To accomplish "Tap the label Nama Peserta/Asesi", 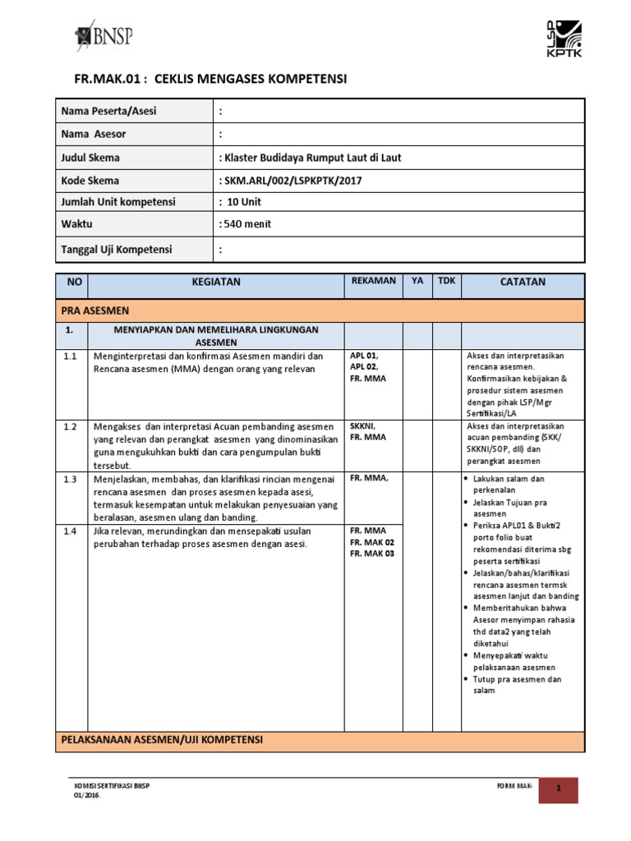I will click(x=108, y=111).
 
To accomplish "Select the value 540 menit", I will click(x=245, y=224).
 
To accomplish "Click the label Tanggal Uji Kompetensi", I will click(x=117, y=249).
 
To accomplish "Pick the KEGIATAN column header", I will click(x=216, y=283).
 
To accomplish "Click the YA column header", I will click(x=417, y=281).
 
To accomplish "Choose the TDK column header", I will click(x=446, y=281).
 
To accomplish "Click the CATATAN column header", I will click(x=523, y=283).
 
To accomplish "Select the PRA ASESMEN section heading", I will click(x=95, y=310).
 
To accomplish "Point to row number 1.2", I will click(x=70, y=426).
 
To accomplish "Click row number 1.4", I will click(x=70, y=531).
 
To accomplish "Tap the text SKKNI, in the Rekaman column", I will click(x=363, y=426).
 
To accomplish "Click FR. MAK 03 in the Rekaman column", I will click(x=372, y=554).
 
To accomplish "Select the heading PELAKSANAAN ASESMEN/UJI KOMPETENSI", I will click(x=162, y=740).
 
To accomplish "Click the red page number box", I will click(x=558, y=790).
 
